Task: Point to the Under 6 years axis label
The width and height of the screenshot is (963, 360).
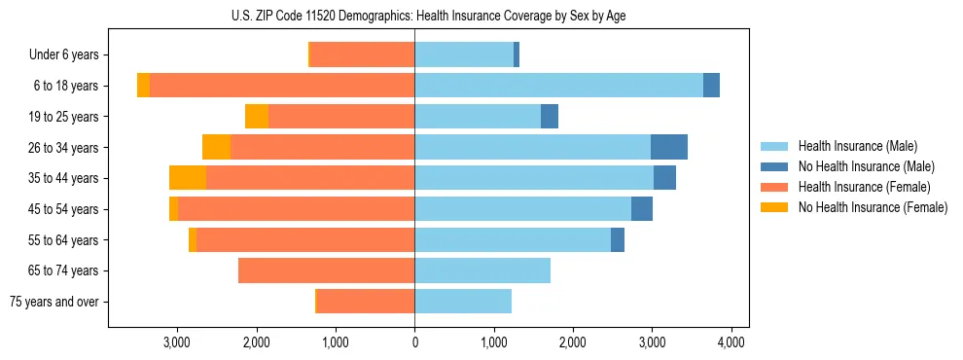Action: pyautogui.click(x=63, y=54)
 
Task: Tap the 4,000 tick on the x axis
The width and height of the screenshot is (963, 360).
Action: pyautogui.click(x=731, y=342)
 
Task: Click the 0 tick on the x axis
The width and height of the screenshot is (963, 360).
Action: pyautogui.click(x=414, y=342)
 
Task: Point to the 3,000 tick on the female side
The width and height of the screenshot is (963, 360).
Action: pyautogui.click(x=177, y=342)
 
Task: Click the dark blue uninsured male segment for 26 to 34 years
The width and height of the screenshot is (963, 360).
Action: pyautogui.click(x=669, y=147)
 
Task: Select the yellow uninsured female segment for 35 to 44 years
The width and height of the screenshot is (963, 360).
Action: pyautogui.click(x=188, y=178)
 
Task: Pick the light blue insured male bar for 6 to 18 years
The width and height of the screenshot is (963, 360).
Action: pyautogui.click(x=558, y=86)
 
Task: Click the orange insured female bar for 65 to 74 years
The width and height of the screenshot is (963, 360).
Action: pyautogui.click(x=326, y=270)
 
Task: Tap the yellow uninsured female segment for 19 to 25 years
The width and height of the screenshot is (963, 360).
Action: pyautogui.click(x=257, y=117)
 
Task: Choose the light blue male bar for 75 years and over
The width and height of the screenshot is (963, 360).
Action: pyautogui.click(x=463, y=302)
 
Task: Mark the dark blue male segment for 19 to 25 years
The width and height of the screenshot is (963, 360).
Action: pyautogui.click(x=550, y=117)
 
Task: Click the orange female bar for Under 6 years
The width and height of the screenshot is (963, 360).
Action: pyautogui.click(x=362, y=54)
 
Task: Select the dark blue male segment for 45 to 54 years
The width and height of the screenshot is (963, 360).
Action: pyautogui.click(x=642, y=209)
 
